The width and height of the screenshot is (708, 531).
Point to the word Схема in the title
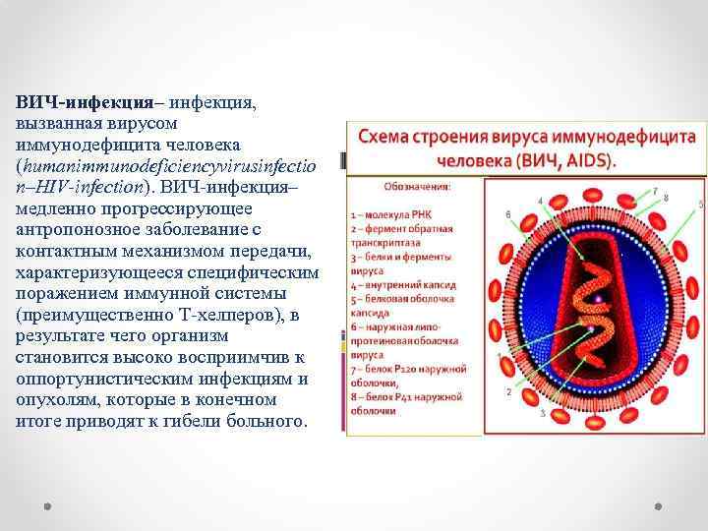click(390, 138)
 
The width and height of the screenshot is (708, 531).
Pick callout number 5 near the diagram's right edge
click(700, 204)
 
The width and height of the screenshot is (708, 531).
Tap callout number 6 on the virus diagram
click(507, 213)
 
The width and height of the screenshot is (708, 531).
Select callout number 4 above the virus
click(539, 201)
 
